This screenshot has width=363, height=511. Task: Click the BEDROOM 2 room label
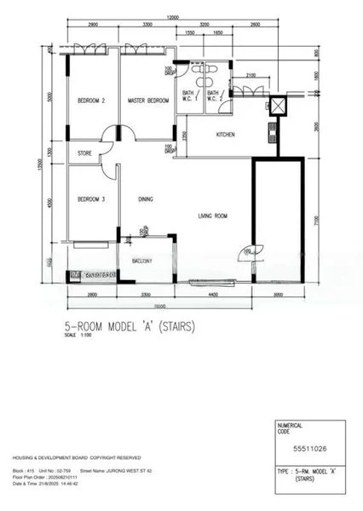(91, 100)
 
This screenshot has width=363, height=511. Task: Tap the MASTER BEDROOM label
(147, 100)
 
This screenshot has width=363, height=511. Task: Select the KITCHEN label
(226, 135)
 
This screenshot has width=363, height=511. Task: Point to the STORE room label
(84, 154)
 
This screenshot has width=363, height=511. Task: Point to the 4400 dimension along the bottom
(213, 294)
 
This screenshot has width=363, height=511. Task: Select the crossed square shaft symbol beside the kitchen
(275, 106)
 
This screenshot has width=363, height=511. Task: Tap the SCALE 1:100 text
(77, 334)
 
